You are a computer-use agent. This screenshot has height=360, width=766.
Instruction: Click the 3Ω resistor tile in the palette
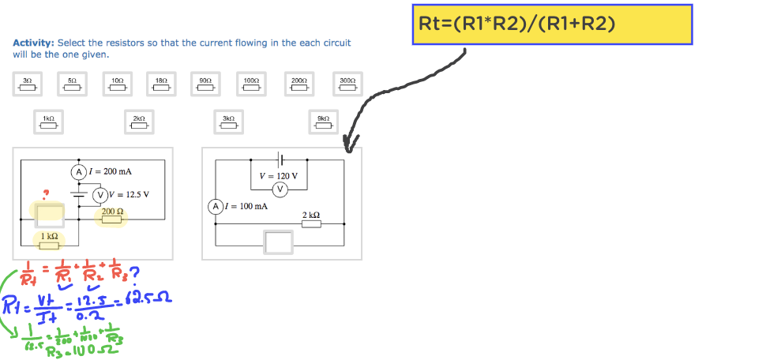27,84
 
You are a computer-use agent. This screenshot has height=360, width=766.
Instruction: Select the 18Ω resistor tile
162,84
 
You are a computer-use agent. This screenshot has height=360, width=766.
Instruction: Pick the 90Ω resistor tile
205,84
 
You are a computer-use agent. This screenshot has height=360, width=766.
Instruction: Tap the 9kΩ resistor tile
322,122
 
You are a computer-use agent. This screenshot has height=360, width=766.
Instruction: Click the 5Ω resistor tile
72,84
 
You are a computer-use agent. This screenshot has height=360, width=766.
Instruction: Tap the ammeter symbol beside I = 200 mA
78,171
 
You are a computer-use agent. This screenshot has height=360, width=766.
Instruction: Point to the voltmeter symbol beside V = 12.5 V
100,195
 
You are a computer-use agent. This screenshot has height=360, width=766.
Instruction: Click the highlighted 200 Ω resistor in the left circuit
111,216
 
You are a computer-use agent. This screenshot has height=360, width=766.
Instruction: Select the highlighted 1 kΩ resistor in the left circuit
49,241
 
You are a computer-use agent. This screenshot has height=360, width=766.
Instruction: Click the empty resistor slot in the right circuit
279,242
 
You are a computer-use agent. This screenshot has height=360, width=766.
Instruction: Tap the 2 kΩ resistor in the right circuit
311,223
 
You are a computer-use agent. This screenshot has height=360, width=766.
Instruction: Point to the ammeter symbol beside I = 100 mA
215,206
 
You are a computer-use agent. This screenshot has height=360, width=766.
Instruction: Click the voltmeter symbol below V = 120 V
280,189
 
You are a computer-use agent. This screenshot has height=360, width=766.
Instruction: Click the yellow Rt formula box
552,24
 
